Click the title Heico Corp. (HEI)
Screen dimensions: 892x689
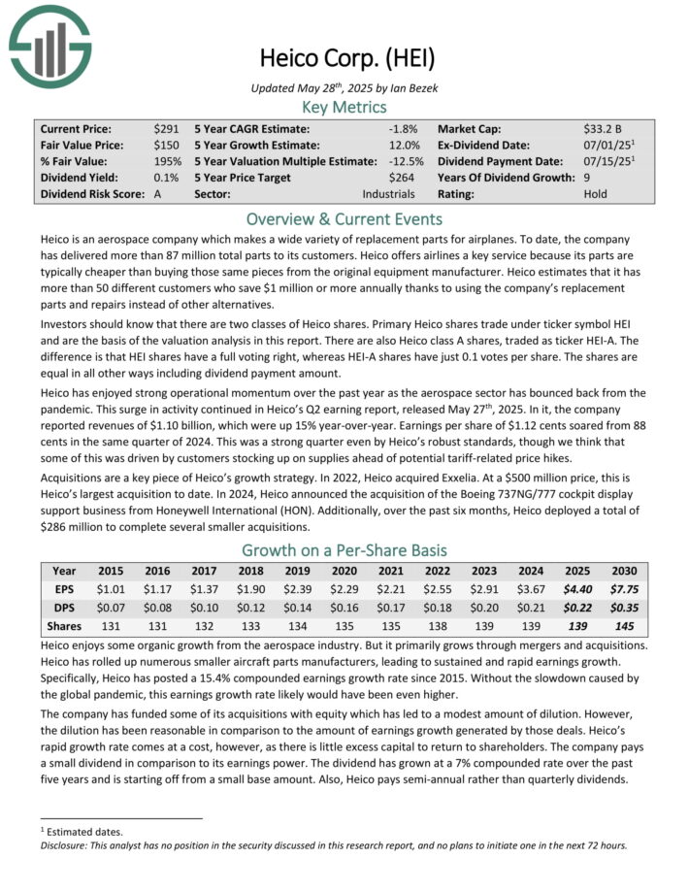(344, 55)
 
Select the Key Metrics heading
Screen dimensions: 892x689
(344, 107)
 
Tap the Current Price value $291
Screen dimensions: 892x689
(166, 128)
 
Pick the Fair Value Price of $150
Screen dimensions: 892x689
(166, 145)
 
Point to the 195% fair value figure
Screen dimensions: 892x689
(168, 161)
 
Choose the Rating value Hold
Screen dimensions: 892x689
(595, 194)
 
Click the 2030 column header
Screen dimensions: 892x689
(624, 571)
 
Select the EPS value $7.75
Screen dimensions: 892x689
(624, 587)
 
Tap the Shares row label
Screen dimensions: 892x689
(64, 626)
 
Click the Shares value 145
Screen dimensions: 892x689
(624, 626)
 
